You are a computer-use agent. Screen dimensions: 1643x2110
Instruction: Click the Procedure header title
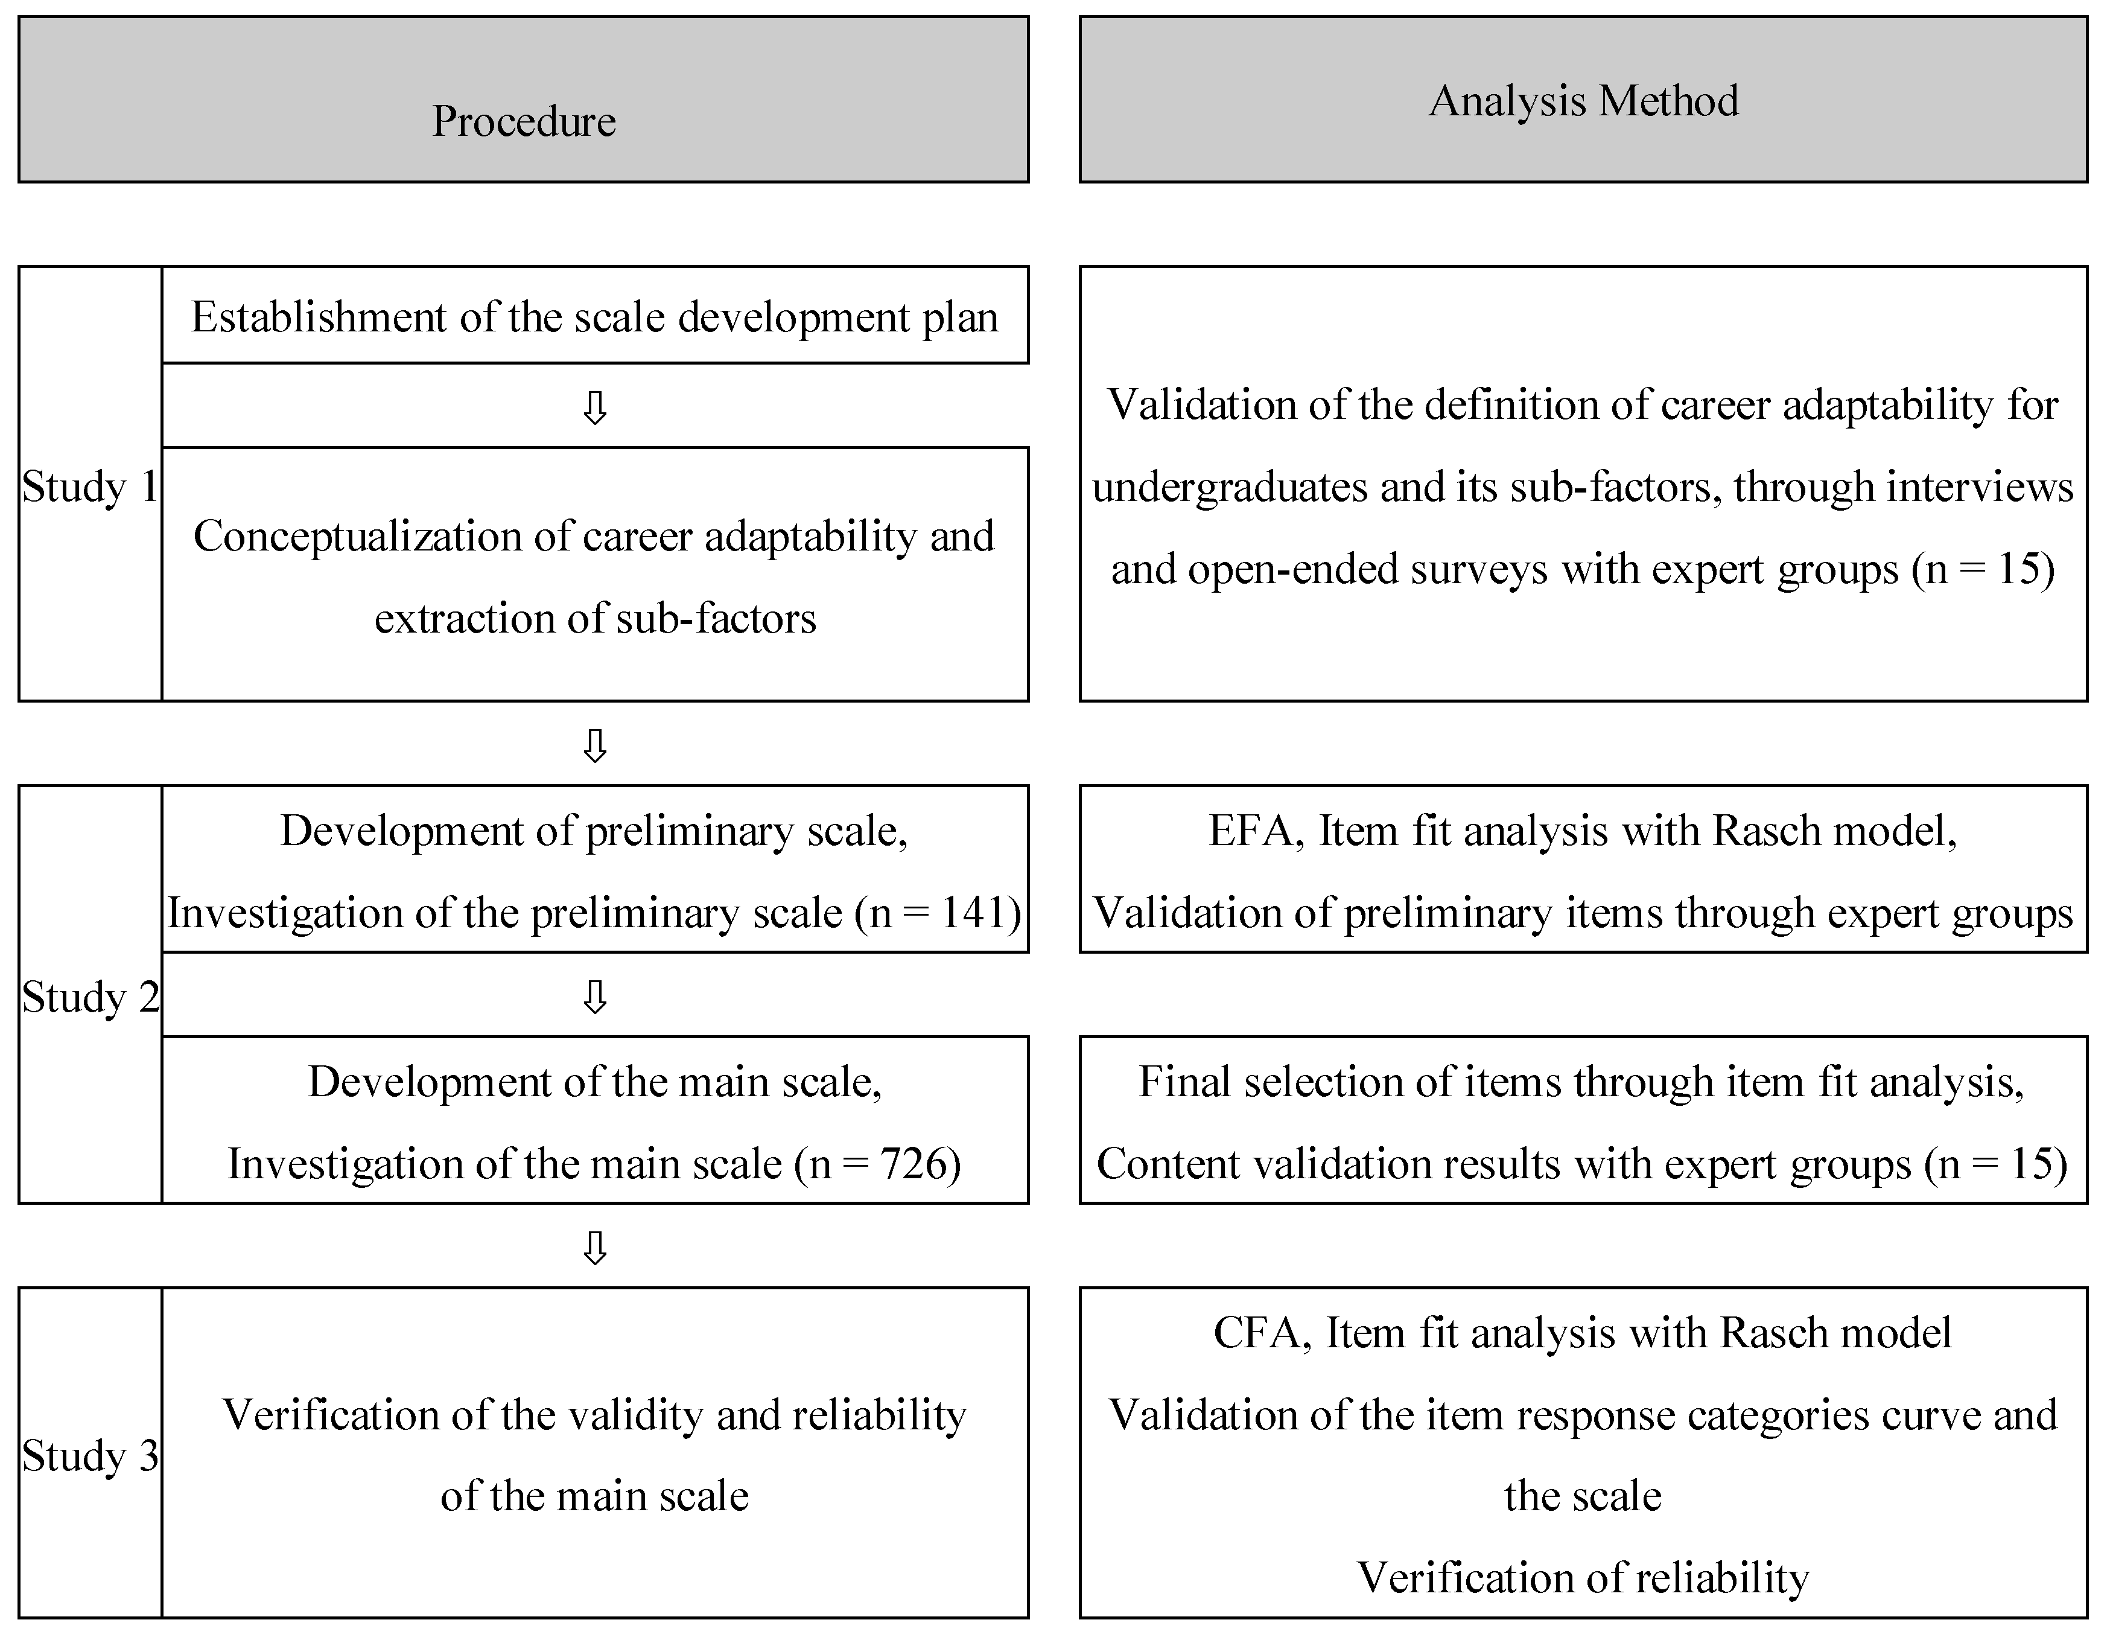click(x=524, y=121)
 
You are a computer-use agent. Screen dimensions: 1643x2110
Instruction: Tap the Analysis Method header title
click(x=1583, y=101)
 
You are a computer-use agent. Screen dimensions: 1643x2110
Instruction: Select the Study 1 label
click(x=90, y=486)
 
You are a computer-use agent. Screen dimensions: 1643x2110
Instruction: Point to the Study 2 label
click(x=90, y=997)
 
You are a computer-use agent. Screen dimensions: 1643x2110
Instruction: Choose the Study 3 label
click(x=90, y=1455)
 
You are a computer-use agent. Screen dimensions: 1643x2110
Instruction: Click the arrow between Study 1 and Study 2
click(x=595, y=745)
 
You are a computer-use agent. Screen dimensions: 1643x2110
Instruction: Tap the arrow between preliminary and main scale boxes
click(x=595, y=997)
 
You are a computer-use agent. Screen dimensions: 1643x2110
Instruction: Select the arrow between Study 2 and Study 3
click(x=595, y=1248)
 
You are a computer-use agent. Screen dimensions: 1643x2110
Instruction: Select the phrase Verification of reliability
click(x=1583, y=1577)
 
